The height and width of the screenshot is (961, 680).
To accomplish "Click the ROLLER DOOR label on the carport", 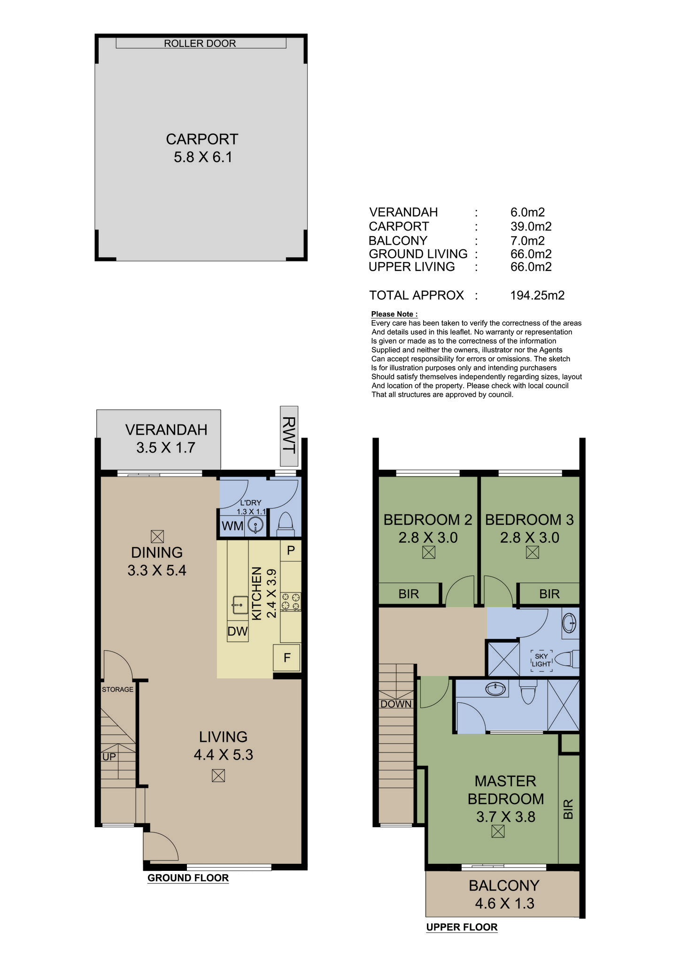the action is pyautogui.click(x=200, y=43).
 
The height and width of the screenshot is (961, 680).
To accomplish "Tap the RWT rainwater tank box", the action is pyautogui.click(x=289, y=436).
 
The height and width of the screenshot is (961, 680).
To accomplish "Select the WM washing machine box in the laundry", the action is pyautogui.click(x=233, y=526).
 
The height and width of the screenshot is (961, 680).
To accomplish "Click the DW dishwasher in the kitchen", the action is pyautogui.click(x=238, y=631).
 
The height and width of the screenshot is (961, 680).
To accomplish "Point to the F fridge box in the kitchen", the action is pyautogui.click(x=287, y=658).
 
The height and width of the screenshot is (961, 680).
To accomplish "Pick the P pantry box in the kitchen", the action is pyautogui.click(x=291, y=551).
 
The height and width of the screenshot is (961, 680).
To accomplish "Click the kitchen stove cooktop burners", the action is pyautogui.click(x=291, y=602).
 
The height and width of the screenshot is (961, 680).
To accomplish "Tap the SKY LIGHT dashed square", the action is pyautogui.click(x=541, y=660).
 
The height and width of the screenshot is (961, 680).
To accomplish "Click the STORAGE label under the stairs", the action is pyautogui.click(x=117, y=689).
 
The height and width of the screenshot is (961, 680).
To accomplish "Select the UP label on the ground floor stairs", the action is pyautogui.click(x=109, y=757).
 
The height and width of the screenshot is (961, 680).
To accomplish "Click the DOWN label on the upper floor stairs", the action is pyautogui.click(x=396, y=704).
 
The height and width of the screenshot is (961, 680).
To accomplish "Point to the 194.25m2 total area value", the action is pyautogui.click(x=537, y=295).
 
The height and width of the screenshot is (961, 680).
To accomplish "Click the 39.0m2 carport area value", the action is pyautogui.click(x=531, y=226).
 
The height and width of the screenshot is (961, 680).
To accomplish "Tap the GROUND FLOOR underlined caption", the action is pyautogui.click(x=188, y=878).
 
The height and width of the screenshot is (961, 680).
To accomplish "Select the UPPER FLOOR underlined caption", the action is pyautogui.click(x=462, y=927).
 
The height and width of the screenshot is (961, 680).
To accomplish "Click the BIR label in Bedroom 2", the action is pyautogui.click(x=408, y=594).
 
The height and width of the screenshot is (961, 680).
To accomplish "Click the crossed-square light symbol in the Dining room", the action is pyautogui.click(x=157, y=536).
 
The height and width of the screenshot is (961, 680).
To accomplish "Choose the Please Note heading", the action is pyautogui.click(x=394, y=314).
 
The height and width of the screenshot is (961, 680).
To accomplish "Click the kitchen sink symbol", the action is pyautogui.click(x=240, y=605).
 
